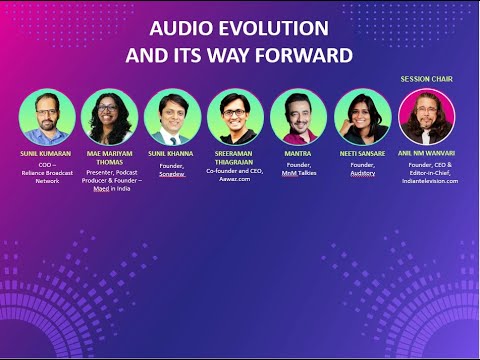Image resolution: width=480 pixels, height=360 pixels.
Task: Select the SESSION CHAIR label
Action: (428, 79)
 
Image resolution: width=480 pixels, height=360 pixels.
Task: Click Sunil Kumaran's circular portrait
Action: (46, 117)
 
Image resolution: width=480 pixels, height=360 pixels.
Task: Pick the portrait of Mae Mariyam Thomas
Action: (109, 117)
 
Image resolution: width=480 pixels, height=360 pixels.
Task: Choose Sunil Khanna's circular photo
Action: (172, 117)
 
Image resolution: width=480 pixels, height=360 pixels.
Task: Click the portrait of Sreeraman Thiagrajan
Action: (235, 117)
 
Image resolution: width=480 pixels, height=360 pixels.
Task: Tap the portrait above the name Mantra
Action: (298, 117)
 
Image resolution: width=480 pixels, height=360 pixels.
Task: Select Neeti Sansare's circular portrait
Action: (361, 117)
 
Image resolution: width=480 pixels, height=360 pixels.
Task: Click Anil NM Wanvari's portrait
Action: (427, 117)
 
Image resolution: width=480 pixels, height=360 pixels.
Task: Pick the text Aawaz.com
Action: (235, 180)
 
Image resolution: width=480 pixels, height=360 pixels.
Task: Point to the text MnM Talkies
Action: (298, 172)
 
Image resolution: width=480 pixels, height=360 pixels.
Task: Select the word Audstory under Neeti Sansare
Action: (361, 172)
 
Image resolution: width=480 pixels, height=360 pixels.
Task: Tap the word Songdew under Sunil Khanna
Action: (172, 172)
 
